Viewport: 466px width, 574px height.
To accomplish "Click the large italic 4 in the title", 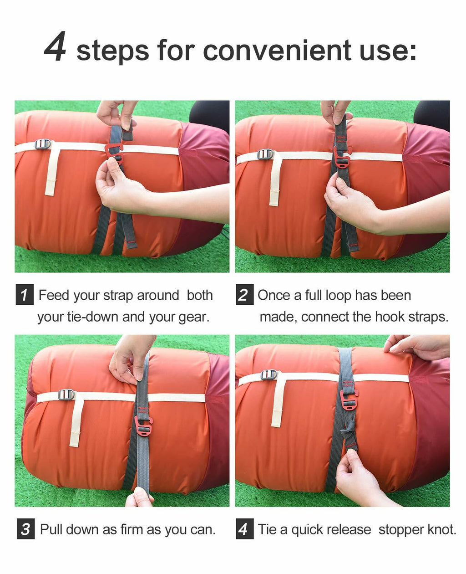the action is (55, 46).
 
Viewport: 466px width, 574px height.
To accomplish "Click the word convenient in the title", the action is (277, 50).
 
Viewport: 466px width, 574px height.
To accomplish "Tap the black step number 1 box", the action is (25, 294).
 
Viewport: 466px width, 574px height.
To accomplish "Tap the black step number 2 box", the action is (244, 294).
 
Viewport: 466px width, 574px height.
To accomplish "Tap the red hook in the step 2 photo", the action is (341, 156).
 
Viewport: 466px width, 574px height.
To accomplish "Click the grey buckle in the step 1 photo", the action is (42, 144).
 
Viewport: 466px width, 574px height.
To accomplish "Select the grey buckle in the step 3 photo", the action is (66, 395).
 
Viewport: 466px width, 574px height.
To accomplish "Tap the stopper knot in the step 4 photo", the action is (349, 429).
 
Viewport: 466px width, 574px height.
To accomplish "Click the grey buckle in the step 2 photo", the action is (265, 154).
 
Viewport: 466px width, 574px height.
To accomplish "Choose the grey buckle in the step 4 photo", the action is (268, 374).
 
